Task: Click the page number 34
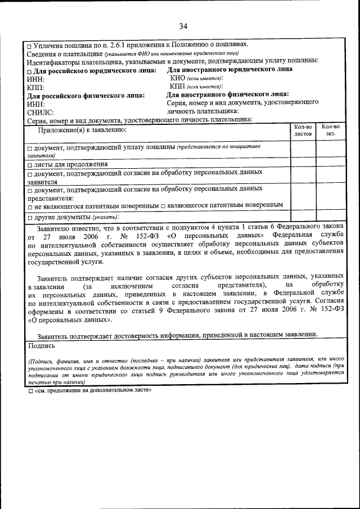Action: [x=183, y=26]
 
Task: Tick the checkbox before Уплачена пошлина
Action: [x=30, y=45]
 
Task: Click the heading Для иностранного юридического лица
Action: [x=229, y=69]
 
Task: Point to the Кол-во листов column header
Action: [x=303, y=130]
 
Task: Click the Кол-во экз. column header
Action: [x=330, y=130]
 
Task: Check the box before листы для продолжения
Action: [x=30, y=165]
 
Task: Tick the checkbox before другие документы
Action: [x=30, y=217]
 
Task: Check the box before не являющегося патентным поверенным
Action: [x=30, y=206]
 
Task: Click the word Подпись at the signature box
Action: [x=39, y=346]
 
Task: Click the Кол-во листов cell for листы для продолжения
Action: [x=303, y=165]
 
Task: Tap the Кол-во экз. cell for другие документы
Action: [x=330, y=217]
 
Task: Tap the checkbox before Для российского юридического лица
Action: [x=30, y=70]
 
